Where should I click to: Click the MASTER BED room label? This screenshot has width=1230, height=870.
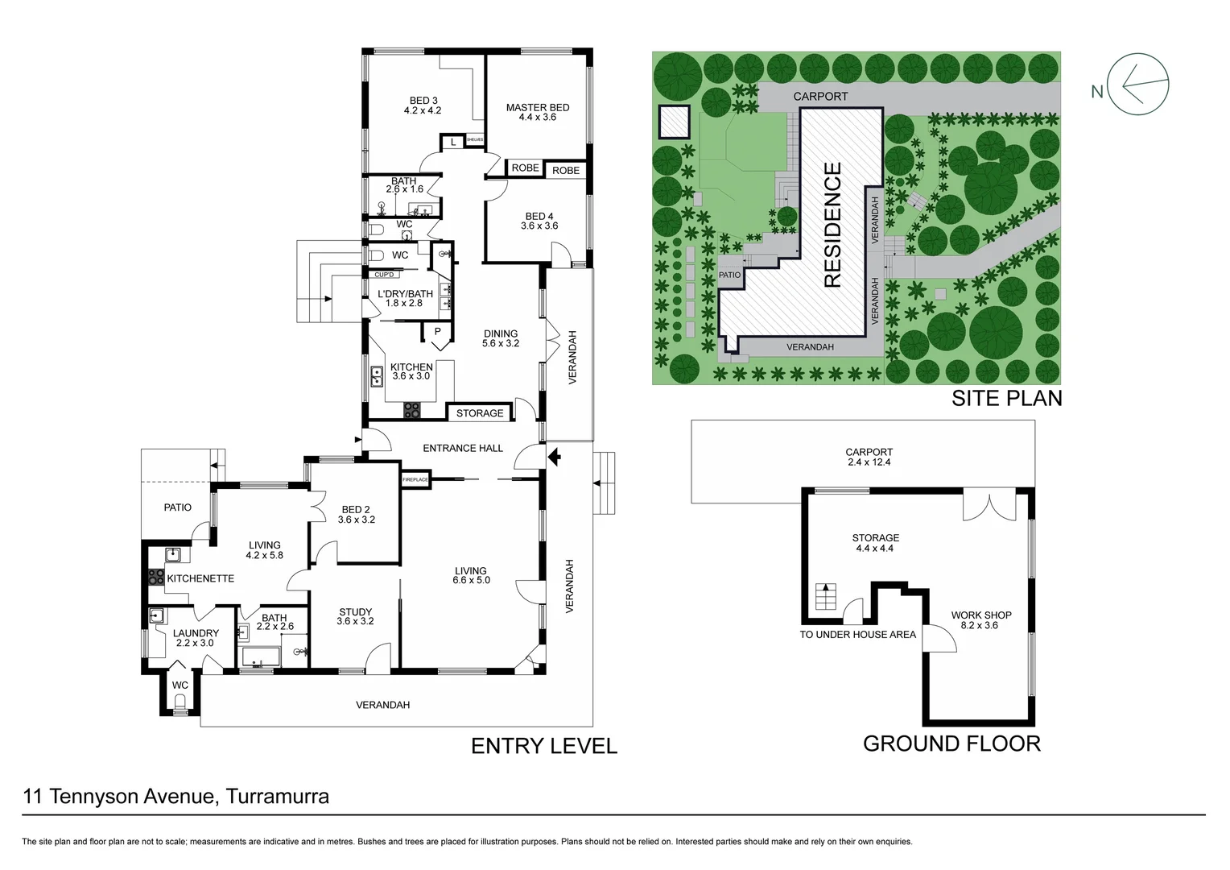(537, 107)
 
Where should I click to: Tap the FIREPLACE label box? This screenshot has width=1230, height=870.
(415, 480)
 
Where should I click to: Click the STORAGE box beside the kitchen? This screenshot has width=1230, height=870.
(480, 413)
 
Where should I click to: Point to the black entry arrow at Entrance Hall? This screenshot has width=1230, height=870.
(554, 458)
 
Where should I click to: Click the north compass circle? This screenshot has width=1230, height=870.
(1138, 84)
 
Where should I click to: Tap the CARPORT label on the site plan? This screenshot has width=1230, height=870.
(820, 97)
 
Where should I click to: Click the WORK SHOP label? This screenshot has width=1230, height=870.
(980, 615)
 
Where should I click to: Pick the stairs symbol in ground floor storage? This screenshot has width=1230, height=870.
(824, 598)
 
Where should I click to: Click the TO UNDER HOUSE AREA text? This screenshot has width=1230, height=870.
(857, 635)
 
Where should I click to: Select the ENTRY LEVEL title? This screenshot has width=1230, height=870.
(543, 747)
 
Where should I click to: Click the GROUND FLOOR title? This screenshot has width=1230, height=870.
(951, 744)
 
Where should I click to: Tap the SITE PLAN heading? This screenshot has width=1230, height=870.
(1006, 398)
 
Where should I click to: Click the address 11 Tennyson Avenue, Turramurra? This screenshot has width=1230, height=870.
(176, 797)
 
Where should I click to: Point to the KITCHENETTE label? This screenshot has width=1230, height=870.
(200, 578)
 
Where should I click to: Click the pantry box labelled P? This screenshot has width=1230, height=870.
(437, 332)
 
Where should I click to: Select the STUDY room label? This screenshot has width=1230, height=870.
(355, 612)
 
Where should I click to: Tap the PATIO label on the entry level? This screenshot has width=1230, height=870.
(177, 507)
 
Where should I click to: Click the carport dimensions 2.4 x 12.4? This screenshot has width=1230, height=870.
(869, 462)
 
